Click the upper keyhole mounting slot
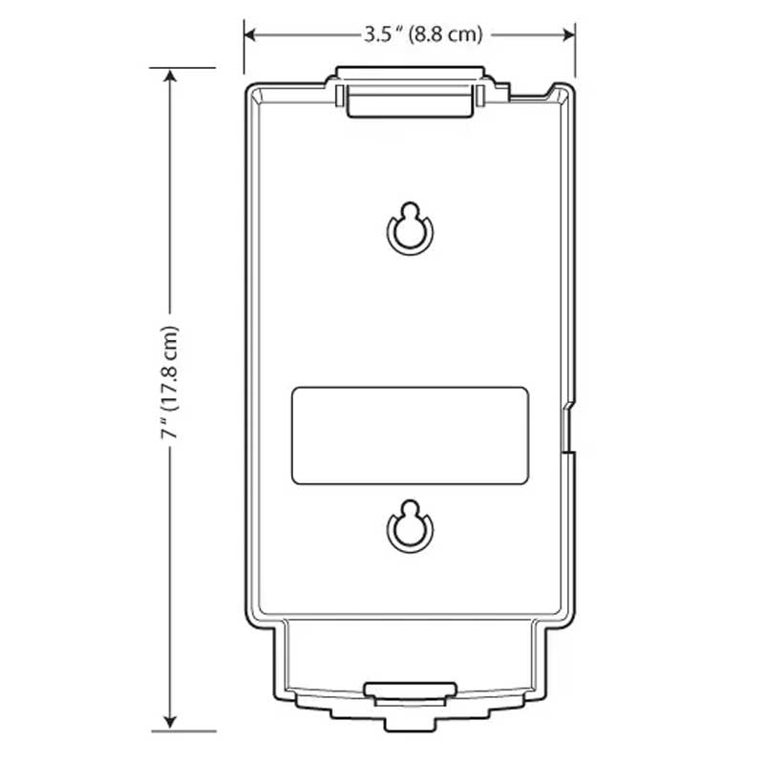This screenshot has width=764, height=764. coord(410,229)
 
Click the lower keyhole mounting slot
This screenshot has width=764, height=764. coord(410,527)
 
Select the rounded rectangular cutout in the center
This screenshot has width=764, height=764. coord(410,435)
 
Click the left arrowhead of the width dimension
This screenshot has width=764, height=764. coord(250,34)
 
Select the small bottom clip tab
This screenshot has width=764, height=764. coord(410,690)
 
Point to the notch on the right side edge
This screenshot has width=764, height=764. coord(568,430)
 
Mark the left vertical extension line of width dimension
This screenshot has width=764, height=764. coord(244,53)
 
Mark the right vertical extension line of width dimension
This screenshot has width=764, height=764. coord(575,53)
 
